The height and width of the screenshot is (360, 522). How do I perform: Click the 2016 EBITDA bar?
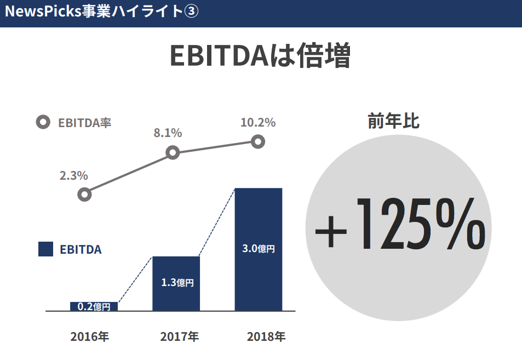[x=94, y=306]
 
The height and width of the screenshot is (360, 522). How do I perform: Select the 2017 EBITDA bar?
[x=176, y=283]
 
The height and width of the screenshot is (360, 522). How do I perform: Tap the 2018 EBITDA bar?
[x=258, y=249]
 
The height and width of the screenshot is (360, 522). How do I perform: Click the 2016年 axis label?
[x=90, y=336]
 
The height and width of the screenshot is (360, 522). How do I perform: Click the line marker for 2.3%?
[x=84, y=195]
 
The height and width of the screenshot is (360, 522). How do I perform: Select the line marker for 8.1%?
[x=173, y=152]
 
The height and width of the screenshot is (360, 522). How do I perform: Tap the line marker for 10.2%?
[x=258, y=142]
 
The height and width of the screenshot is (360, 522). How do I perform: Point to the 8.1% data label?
[x=168, y=133]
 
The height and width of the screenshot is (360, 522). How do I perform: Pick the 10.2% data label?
[x=258, y=123]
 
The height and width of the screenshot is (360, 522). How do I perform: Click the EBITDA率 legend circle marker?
[x=42, y=123]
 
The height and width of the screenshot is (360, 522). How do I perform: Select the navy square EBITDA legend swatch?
[x=45, y=249]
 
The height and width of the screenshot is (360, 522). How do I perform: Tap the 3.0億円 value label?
[x=258, y=248]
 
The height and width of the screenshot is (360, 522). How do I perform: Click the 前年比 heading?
[x=393, y=121]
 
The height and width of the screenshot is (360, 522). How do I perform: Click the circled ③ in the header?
[x=191, y=12]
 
